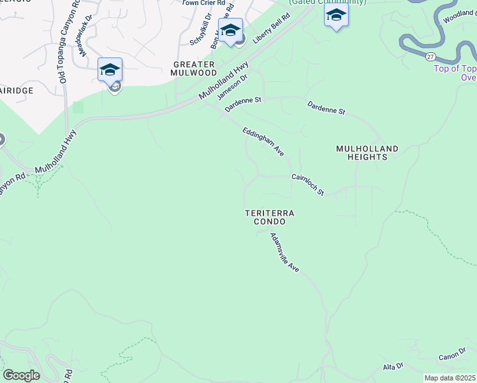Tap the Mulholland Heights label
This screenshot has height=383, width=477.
coord(367,153)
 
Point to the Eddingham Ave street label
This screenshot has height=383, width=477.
coord(263,141)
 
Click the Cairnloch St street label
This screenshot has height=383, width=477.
coord(308,184)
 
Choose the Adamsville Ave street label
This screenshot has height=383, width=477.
coord(284,253)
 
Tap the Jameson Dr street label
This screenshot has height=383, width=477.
coord(231,86)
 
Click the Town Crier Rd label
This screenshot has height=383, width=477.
coord(203,3)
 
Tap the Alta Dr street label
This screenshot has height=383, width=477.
coord(393,366)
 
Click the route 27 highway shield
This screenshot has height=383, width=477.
coord(431,56)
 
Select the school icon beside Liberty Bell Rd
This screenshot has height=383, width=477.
coord(230,29)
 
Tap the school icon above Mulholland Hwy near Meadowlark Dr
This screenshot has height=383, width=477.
coord(110,69)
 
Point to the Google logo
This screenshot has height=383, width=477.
coord(20,375)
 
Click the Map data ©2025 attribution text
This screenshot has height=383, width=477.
coord(450,378)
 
